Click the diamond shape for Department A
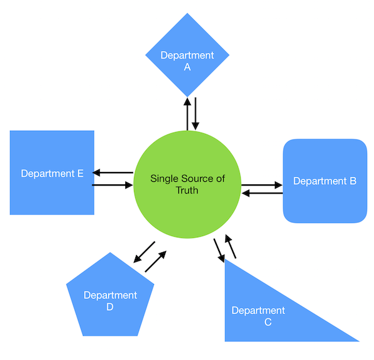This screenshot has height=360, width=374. [187, 56]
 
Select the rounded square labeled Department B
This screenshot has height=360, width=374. [325, 181]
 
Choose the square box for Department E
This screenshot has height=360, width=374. [52, 173]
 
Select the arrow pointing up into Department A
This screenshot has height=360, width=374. [187, 113]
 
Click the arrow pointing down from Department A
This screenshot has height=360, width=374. [196, 113]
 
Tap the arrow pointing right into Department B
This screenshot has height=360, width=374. [262, 185]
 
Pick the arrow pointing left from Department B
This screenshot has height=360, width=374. [262, 194]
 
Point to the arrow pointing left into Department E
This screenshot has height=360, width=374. [113, 173]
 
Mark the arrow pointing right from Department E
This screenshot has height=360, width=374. [113, 185]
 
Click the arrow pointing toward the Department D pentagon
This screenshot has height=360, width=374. [144, 252]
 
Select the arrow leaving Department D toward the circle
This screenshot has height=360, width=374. [156, 262]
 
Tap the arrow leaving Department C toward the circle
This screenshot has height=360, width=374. [231, 246]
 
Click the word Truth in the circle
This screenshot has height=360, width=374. [187, 190]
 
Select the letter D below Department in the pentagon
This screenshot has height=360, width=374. [110, 306]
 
